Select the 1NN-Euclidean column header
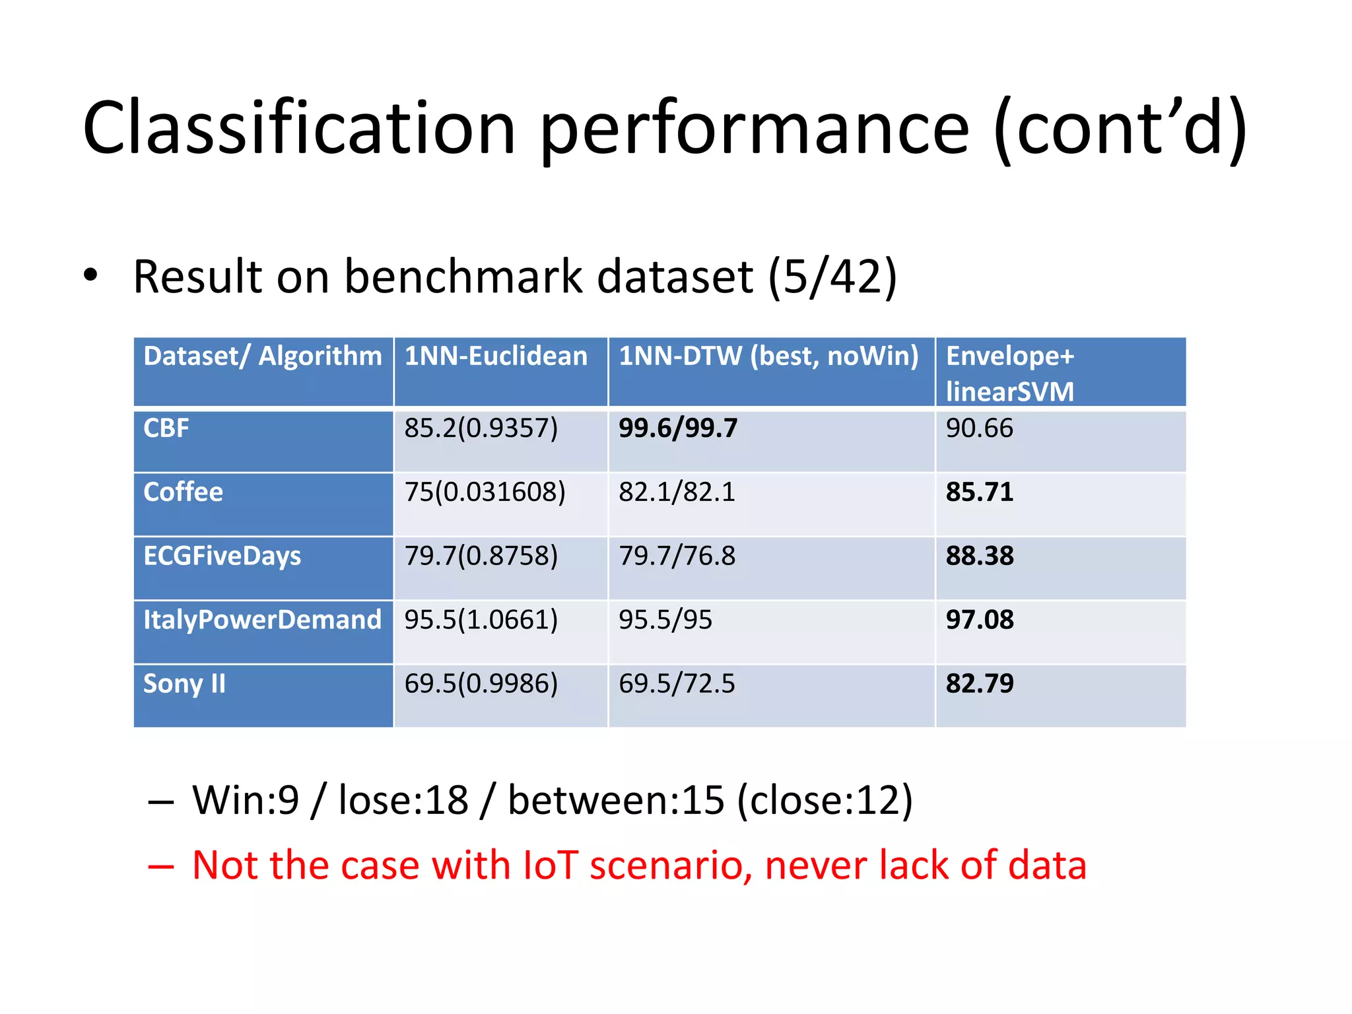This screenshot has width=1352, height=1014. point(496,356)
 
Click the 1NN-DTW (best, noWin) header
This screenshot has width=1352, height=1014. point(768,356)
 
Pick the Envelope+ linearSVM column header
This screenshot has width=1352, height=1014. point(1010,373)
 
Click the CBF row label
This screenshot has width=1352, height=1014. point(166,428)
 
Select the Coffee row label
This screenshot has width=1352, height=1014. point(184,492)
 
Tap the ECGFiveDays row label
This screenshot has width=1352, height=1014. point(222,556)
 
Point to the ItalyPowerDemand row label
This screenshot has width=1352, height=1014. point(262,620)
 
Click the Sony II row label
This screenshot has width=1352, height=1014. point(184,684)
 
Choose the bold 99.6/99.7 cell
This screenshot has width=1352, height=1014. point(678,428)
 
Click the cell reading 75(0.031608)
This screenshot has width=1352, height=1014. point(485,492)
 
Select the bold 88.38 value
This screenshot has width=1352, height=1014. point(980,556)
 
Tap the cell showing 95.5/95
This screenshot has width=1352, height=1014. point(665,620)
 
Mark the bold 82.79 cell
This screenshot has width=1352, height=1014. point(980,684)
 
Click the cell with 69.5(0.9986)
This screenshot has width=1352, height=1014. point(481,684)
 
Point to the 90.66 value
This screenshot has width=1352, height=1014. point(979,428)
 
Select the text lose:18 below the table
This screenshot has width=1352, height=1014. point(403,800)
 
